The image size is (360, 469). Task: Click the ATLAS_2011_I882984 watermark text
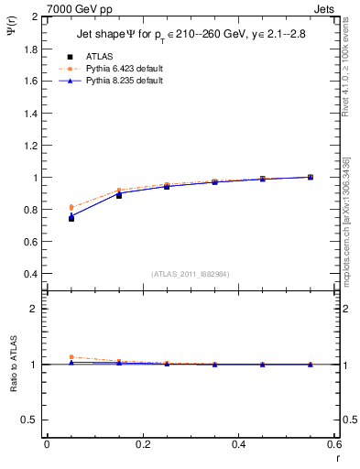(x=191, y=273)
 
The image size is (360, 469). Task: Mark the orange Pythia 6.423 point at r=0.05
(x=71, y=207)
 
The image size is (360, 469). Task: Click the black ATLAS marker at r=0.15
(x=119, y=195)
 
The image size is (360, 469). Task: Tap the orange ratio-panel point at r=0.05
(x=71, y=357)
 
